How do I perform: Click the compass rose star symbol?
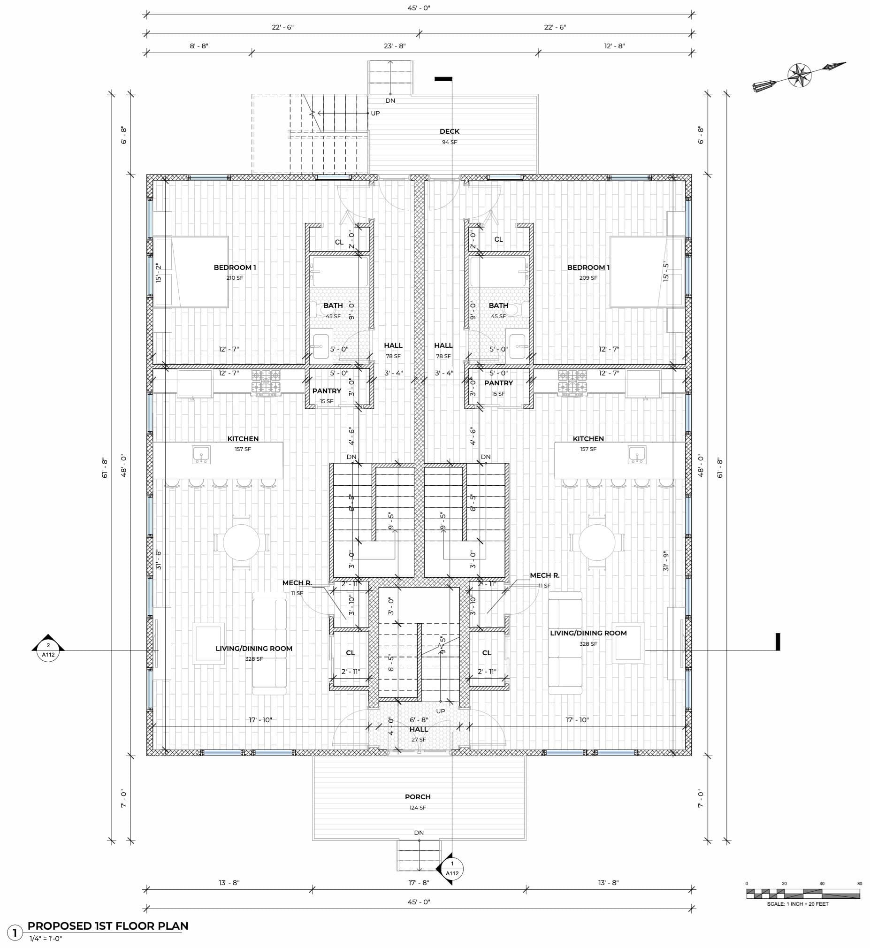(799, 75)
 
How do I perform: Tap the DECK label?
(449, 131)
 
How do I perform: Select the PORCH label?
(418, 797)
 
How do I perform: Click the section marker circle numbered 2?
(48, 650)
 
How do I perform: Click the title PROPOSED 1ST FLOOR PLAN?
(108, 926)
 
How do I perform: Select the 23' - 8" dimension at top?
(395, 46)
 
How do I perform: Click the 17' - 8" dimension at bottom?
(419, 883)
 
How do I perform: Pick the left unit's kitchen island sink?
(201, 455)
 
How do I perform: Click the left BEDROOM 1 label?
(235, 268)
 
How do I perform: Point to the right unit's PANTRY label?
(498, 382)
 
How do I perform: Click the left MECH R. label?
(297, 583)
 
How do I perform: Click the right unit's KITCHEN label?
(588, 439)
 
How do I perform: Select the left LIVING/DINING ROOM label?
(254, 648)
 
